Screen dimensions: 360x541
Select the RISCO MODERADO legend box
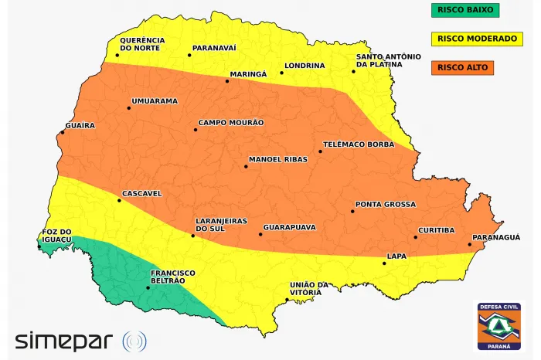coord(477,38)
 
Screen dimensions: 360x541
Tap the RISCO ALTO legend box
coord(461,67)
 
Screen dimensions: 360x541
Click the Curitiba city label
coord(437,230)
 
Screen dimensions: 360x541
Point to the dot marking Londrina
coord(282,73)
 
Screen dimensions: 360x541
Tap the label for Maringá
coord(247,74)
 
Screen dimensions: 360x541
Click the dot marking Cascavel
coord(119,201)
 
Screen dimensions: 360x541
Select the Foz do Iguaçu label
coord(56,236)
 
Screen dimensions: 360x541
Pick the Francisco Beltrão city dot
coord(148,288)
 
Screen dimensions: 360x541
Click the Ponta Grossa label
coord(385,205)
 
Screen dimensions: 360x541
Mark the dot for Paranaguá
coord(470,245)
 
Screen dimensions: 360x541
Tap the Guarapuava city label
coord(290,227)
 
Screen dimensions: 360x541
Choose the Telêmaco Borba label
coord(358,144)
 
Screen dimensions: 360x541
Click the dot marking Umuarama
coord(129,108)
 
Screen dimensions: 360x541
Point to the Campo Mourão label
coord(230,122)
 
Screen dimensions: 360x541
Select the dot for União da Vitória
coord(288,300)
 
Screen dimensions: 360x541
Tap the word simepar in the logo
coord(65,340)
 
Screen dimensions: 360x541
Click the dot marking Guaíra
coord(63,132)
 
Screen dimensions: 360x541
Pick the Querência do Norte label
coord(141,44)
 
